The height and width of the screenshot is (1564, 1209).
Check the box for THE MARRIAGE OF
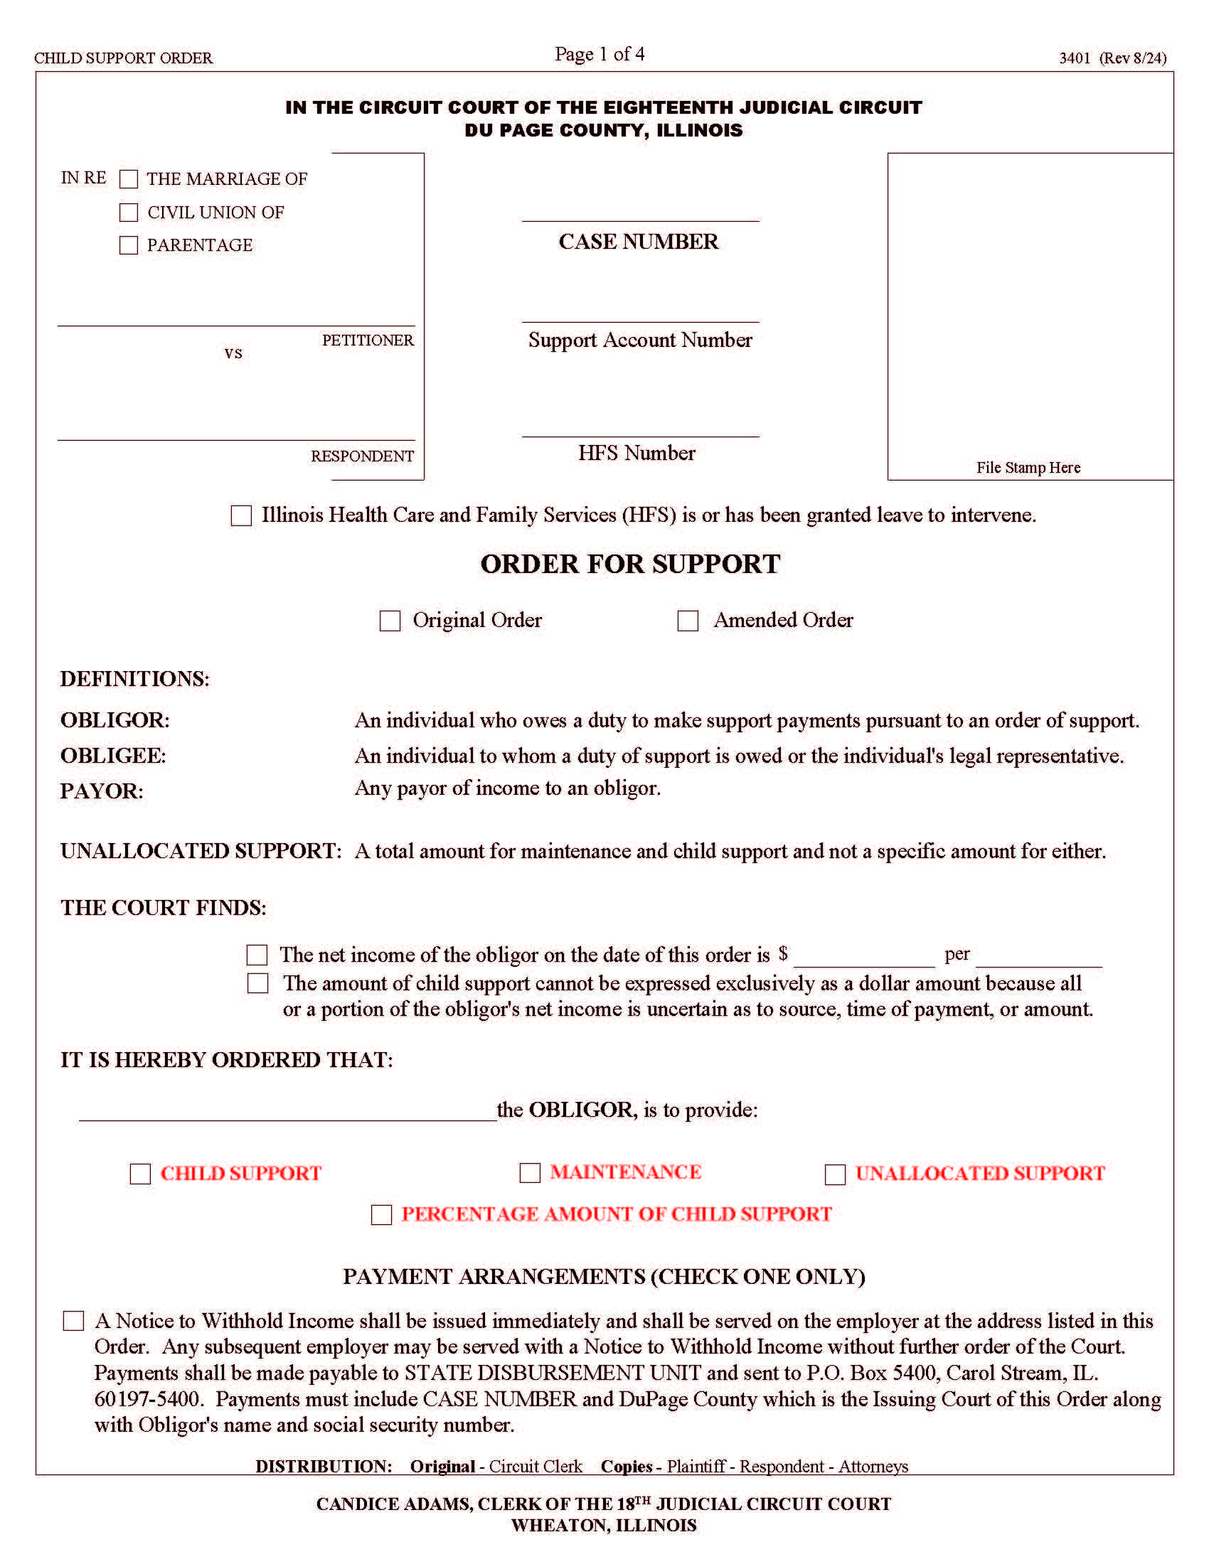128,179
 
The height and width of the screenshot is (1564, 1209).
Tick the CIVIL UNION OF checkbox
128,213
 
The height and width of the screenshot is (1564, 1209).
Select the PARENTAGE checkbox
128,246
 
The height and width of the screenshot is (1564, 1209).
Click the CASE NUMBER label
638,242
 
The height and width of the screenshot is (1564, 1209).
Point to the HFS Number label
637,454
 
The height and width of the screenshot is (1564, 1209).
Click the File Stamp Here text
1028,468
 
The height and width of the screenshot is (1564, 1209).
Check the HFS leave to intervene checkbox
241,515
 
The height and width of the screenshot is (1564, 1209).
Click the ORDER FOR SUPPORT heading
629,564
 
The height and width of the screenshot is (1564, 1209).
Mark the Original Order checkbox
390,621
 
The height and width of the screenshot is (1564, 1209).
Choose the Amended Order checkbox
688,621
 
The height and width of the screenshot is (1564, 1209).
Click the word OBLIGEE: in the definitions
113,756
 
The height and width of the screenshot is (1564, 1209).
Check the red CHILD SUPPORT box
140,1174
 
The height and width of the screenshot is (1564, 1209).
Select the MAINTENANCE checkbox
529,1173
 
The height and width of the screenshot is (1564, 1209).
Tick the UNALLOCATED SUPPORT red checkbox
835,1174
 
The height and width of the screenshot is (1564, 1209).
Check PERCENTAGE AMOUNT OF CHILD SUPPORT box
381,1215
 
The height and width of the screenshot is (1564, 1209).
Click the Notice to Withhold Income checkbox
74,1322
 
